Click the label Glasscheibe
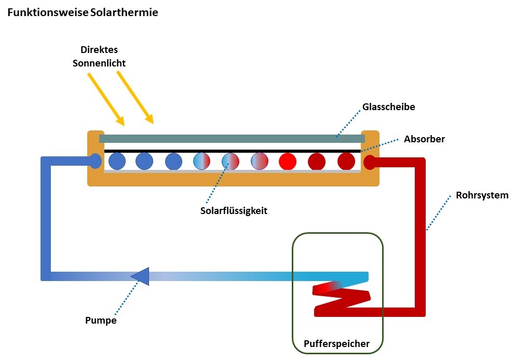pos(389,108)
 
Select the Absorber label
pos(424,139)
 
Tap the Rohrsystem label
pos(482,196)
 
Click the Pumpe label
pos(101,321)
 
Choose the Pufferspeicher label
pos(336,343)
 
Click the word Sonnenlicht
pos(103,63)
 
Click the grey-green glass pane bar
pos(232,139)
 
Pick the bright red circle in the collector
pos(287,161)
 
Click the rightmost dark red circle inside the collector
pos(346,161)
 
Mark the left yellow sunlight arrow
pos(106,99)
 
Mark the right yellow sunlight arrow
pos(135,98)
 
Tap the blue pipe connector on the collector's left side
pos(95,162)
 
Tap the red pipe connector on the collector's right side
pos(369,162)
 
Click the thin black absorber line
pos(232,151)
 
